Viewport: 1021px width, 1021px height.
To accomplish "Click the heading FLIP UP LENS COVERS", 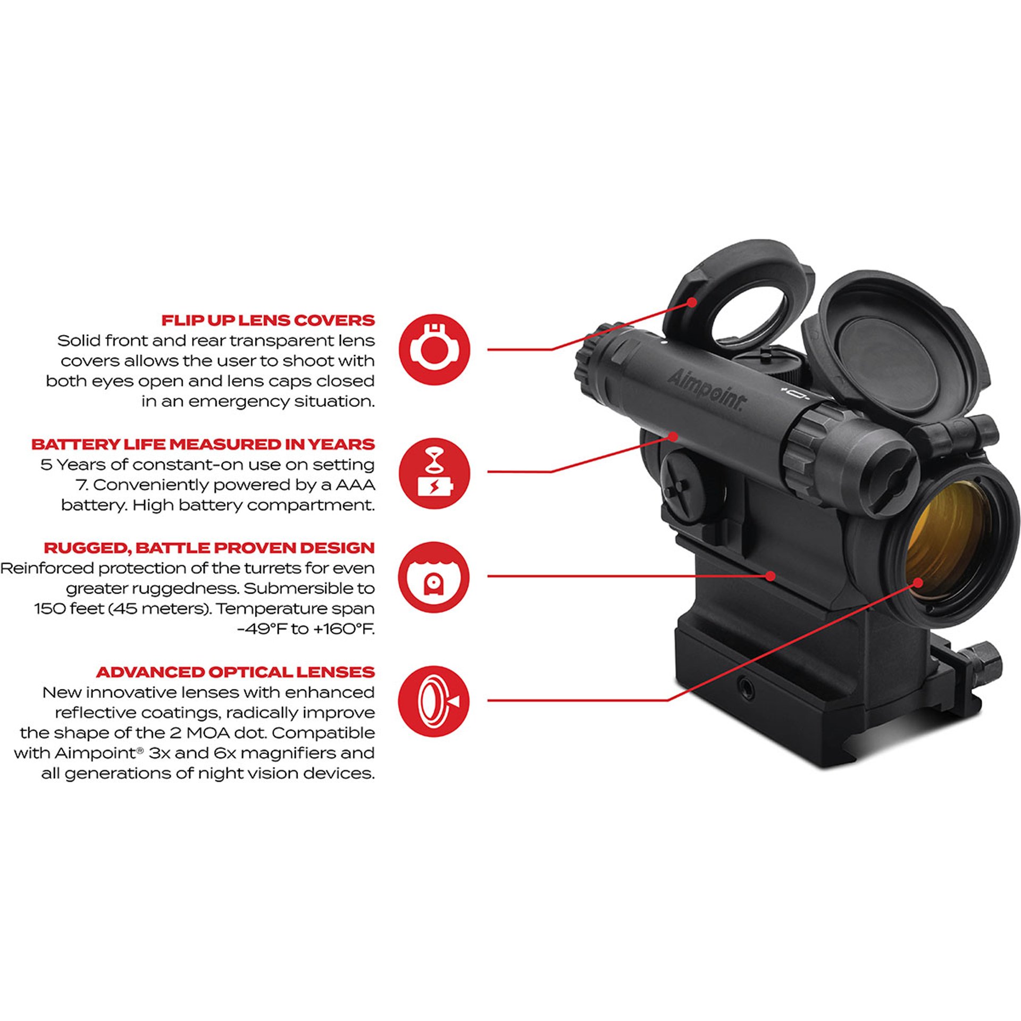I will tap(268, 320).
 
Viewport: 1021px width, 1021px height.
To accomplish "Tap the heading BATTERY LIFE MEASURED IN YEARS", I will tap(203, 444).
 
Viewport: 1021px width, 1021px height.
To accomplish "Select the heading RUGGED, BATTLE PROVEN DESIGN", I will tap(209, 548).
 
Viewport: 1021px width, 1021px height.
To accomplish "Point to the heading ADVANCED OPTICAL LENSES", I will tap(235, 672).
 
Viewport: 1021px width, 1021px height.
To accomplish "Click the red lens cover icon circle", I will tap(434, 349).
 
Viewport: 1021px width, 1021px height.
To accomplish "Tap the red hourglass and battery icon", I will tap(434, 473).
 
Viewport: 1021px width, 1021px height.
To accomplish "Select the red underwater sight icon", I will tap(434, 578).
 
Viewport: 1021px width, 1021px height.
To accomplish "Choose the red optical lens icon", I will tap(434, 701).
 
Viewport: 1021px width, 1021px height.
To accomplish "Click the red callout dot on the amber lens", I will tap(918, 582).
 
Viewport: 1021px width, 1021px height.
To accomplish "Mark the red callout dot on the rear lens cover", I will tap(691, 302).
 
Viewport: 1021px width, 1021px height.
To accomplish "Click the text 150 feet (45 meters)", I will tap(123, 609).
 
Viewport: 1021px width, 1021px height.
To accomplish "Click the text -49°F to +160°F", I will tap(306, 629).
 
